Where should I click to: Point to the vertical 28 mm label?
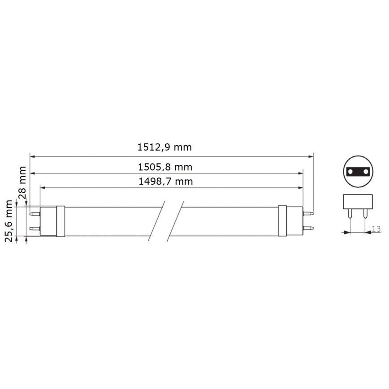coord(22,178)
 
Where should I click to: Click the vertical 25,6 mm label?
coord(9,221)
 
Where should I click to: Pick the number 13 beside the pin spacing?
coord(376,229)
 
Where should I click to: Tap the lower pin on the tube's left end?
coord(34,229)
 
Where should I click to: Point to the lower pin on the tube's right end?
coord(308,229)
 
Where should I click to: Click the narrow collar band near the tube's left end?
coord(61,221)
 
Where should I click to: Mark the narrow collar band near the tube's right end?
coord(282,221)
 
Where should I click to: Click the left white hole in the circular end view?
coord(351,172)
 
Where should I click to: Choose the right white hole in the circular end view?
coord(364,172)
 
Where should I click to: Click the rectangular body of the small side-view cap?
coord(357,200)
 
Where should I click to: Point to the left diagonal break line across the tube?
coord(160,221)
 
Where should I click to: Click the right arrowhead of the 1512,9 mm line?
coord(311,156)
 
